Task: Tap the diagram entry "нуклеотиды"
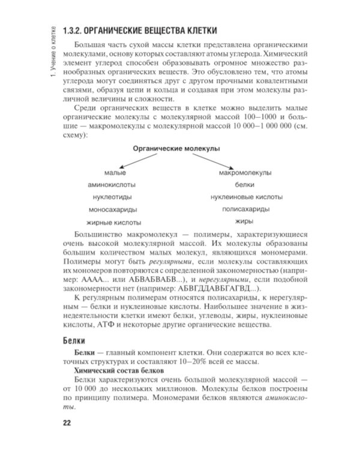coord(112,197)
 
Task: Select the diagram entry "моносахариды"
coord(112,210)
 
